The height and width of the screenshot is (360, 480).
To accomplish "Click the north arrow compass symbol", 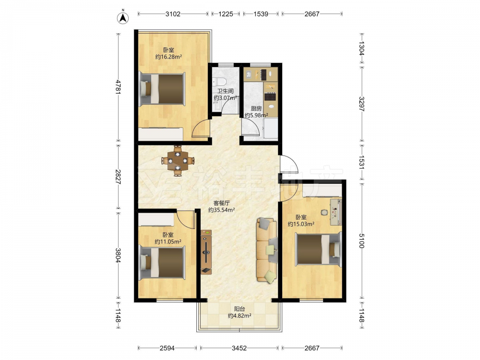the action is [x=123, y=17].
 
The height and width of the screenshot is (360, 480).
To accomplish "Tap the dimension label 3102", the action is [x=173, y=14].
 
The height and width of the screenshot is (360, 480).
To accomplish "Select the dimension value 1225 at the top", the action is [x=226, y=14].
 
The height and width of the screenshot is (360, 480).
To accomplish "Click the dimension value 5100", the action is [x=361, y=241].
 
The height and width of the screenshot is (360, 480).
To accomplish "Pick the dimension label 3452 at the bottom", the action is [x=239, y=348].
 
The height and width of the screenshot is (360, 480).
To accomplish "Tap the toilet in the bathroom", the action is [x=219, y=82].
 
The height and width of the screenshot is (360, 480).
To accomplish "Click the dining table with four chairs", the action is [x=178, y=161].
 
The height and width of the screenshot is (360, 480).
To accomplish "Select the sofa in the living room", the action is [x=266, y=250].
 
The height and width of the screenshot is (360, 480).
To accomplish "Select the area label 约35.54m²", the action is [x=222, y=210].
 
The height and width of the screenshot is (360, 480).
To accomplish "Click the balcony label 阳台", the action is [x=240, y=309].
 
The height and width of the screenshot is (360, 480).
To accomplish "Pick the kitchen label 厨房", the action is [x=256, y=108].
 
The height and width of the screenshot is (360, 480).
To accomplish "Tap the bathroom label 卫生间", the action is [x=226, y=91].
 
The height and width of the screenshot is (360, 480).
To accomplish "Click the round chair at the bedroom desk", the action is [x=324, y=212].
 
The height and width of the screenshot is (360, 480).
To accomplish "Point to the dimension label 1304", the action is [x=361, y=48].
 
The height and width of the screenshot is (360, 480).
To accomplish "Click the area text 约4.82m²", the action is [x=240, y=316].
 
